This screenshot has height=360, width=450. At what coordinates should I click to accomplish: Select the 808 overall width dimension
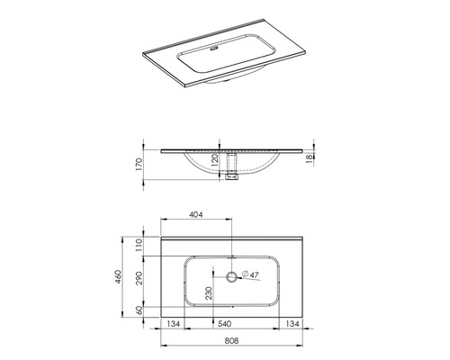tap(231, 341)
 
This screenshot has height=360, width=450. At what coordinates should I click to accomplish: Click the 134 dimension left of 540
tap(174, 322)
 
